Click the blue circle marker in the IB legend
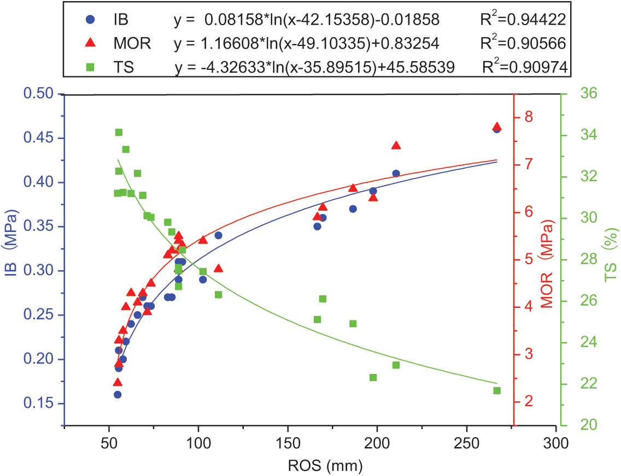pos(91,20)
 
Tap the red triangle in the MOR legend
pos(91,43)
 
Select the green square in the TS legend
pos(91,67)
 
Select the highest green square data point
pos(119,132)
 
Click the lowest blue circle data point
pos(118,394)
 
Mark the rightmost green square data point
pos(497,390)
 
